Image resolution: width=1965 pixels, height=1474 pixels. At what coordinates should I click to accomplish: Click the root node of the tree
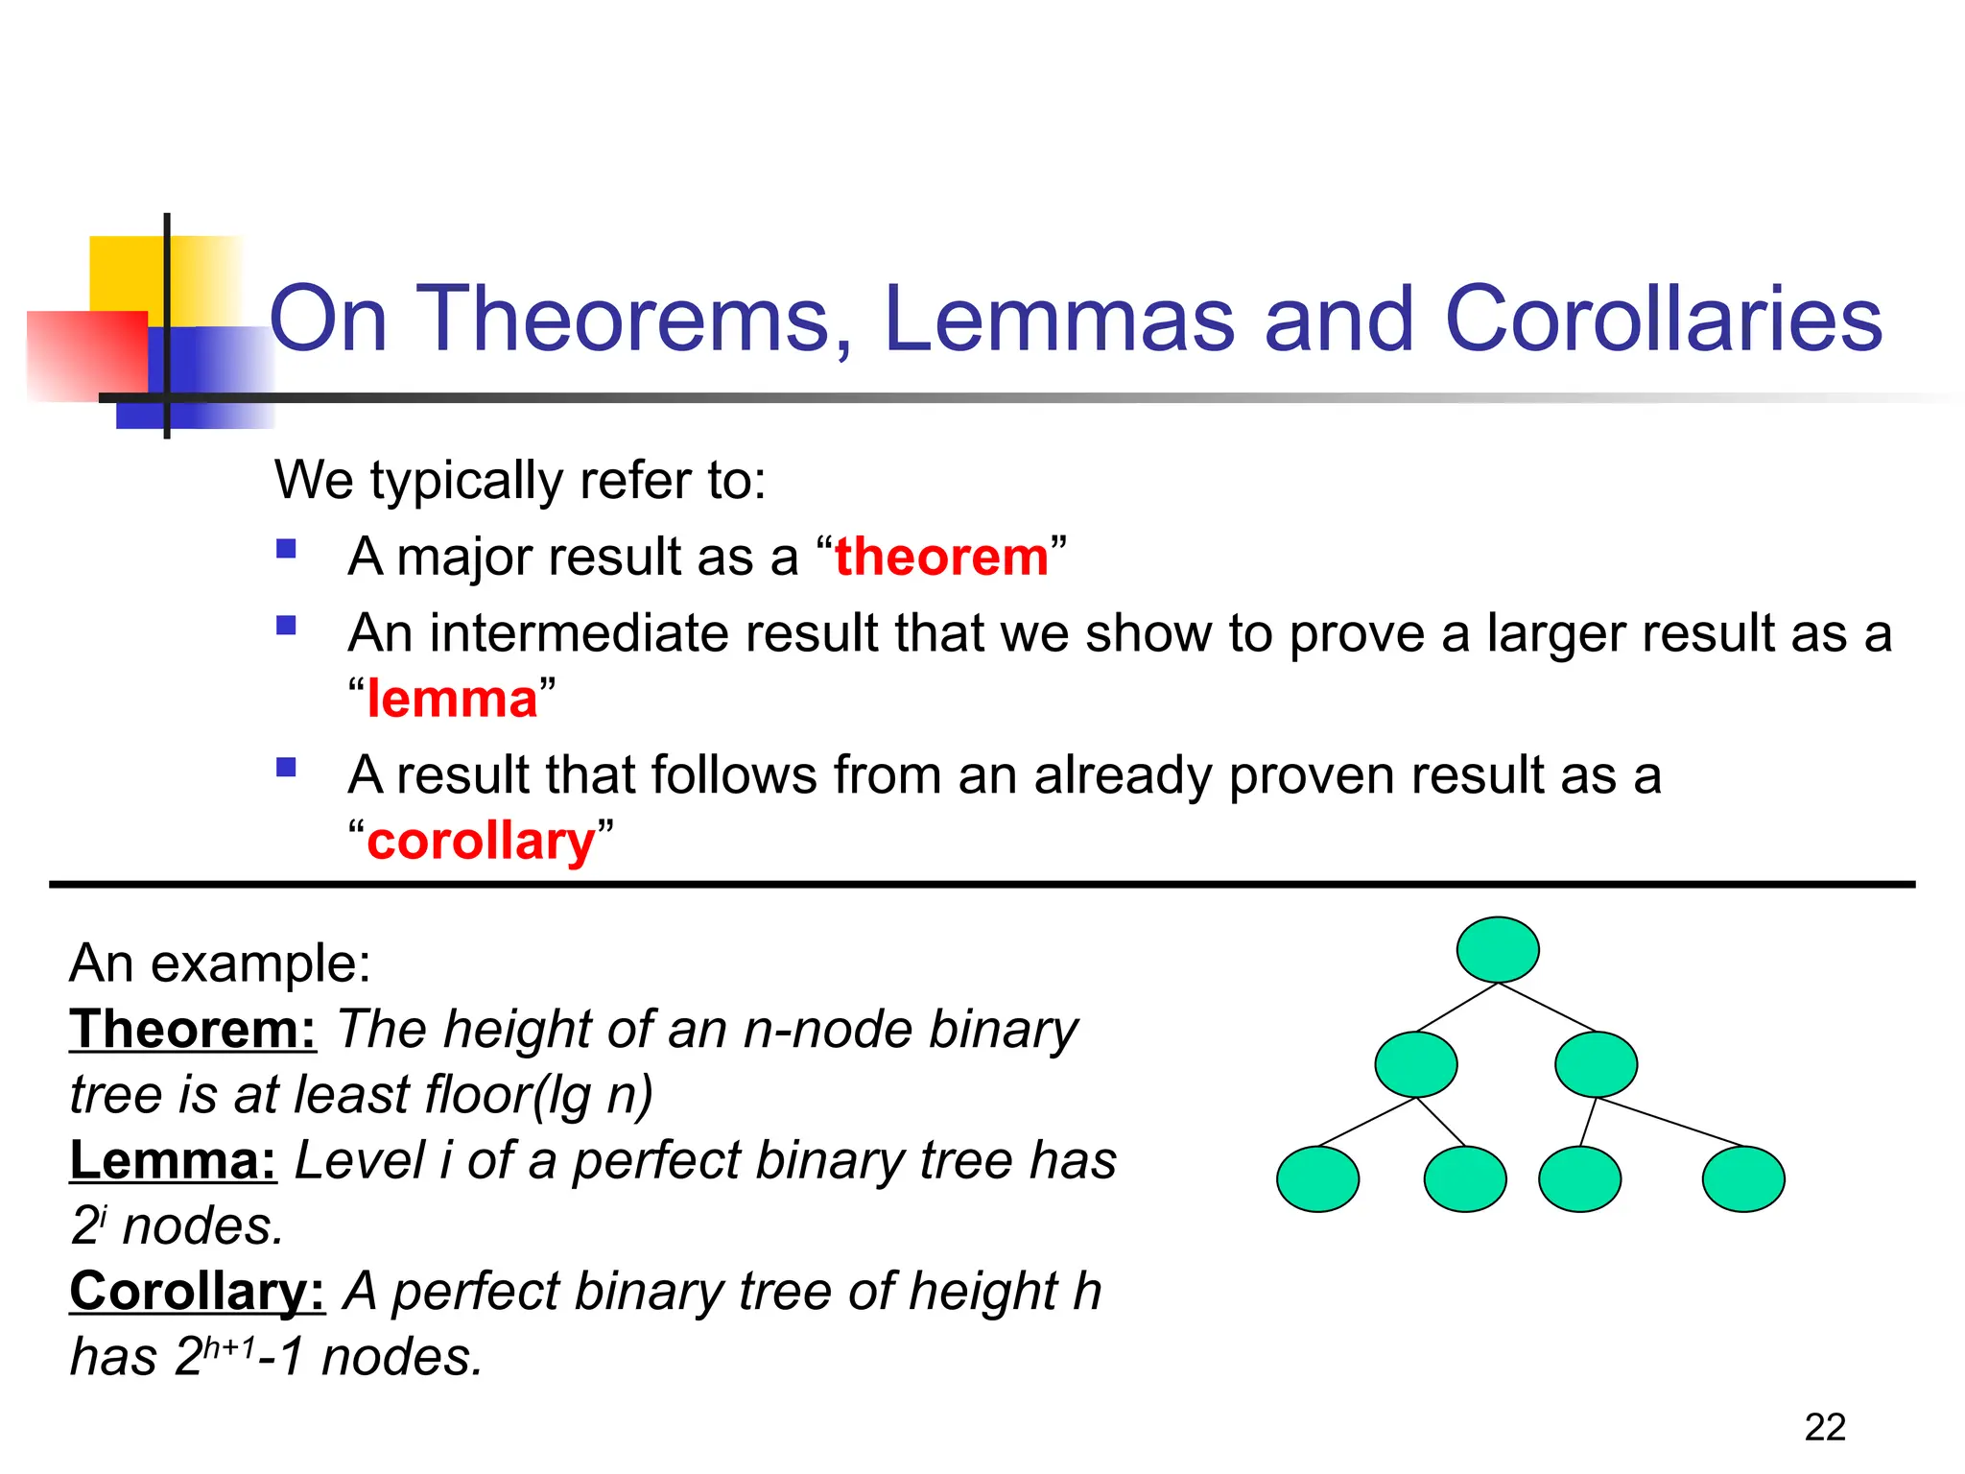coord(1497,949)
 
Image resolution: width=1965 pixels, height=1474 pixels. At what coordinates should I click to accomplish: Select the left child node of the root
coord(1415,1064)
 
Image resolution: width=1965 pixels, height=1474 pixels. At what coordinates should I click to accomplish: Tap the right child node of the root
coord(1596,1064)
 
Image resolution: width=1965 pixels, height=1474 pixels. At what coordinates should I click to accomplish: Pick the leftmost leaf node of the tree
coord(1317,1178)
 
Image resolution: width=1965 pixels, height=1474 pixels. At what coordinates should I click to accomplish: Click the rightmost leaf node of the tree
coord(1742,1178)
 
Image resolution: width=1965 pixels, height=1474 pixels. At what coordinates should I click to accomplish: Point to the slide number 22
coord(1824,1427)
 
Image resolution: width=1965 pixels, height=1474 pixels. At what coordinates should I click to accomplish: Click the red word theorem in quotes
coord(941,557)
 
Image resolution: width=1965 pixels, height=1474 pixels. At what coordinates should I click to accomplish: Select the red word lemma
coord(452,699)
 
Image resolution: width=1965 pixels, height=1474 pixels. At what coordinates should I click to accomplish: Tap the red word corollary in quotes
coord(481,841)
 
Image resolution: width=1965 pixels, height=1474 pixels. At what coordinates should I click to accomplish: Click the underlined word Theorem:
coord(193,1030)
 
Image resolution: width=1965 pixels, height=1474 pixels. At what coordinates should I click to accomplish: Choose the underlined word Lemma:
coord(174,1160)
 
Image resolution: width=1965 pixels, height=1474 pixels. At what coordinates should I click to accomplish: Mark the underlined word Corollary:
coord(198,1292)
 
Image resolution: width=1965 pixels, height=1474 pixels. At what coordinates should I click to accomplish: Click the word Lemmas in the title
coord(1058,319)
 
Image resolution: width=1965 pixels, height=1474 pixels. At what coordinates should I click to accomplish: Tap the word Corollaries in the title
coord(1663,319)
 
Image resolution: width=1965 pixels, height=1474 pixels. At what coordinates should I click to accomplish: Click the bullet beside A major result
coord(286,550)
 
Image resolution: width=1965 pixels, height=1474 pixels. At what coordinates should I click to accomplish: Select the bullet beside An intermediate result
coord(286,626)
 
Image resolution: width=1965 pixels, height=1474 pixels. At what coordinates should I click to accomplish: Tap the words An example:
coord(220,963)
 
